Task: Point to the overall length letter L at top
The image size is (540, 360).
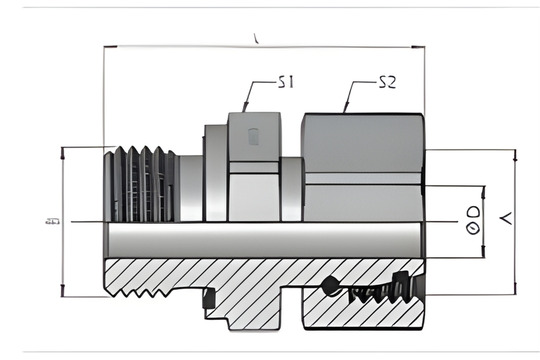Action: [257, 39]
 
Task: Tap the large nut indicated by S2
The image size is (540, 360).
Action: [363, 165]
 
